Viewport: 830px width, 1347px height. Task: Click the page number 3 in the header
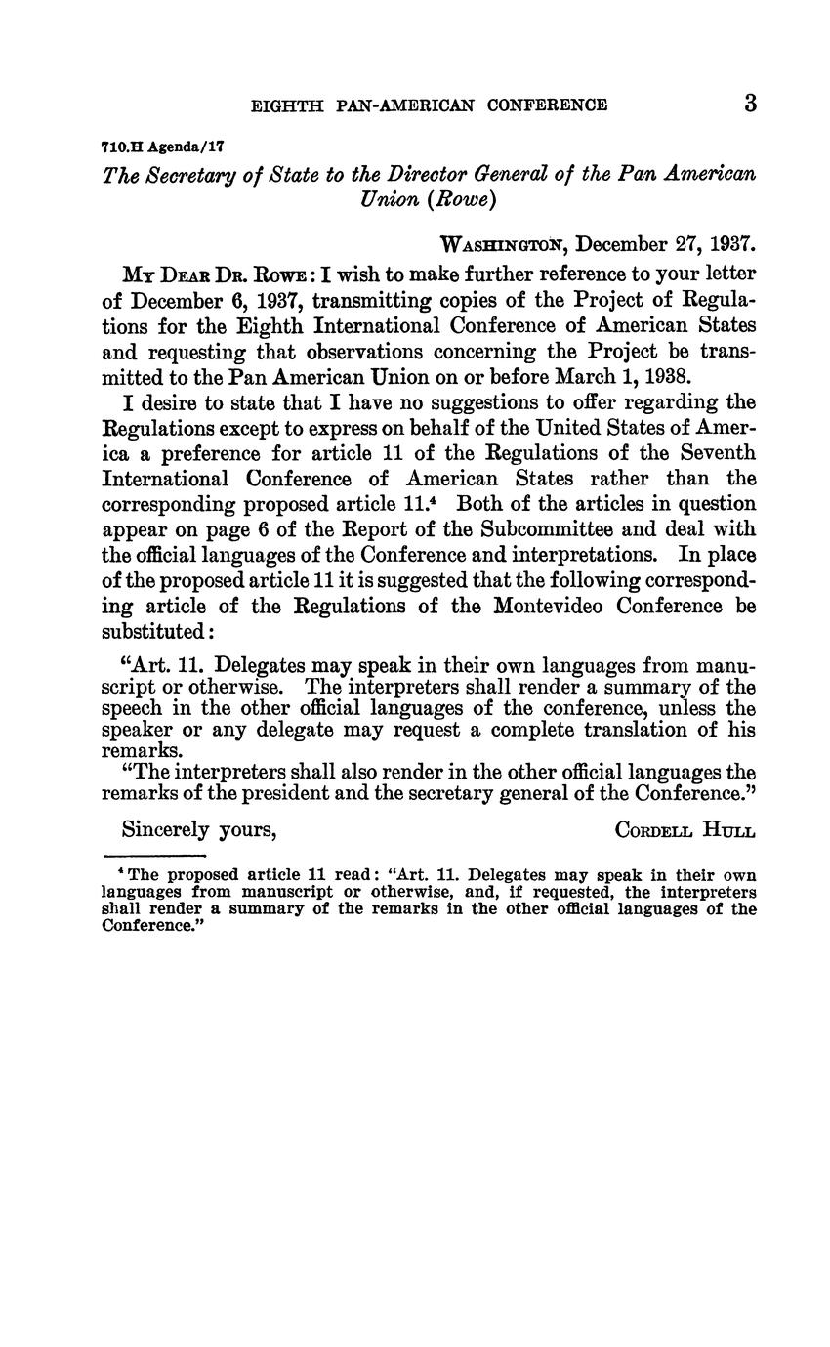tap(750, 104)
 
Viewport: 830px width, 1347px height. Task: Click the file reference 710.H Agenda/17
tap(163, 147)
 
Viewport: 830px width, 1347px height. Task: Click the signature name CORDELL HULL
tap(685, 830)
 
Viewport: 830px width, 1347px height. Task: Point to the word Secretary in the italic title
tap(200, 174)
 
